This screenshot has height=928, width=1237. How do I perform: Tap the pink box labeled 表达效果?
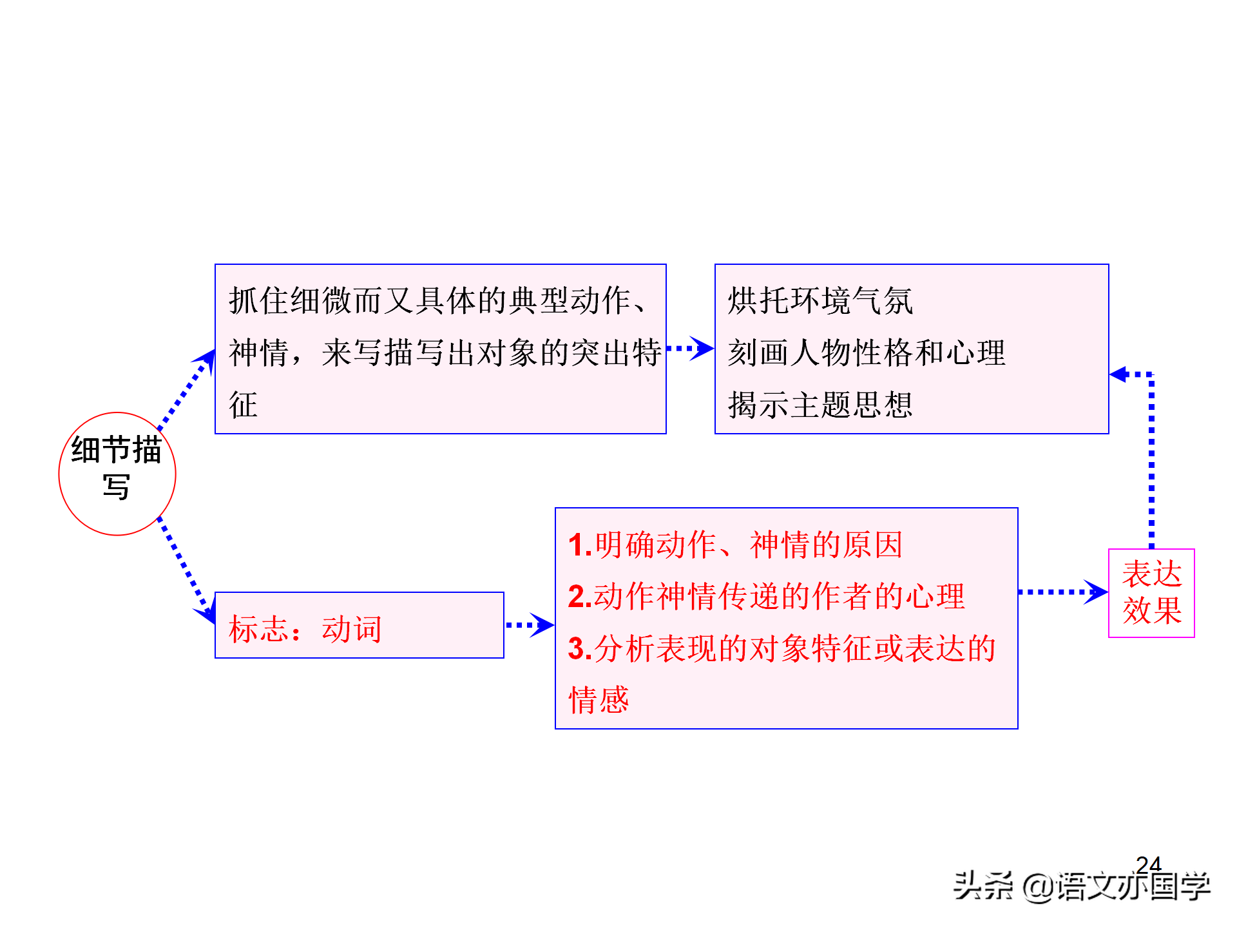(1151, 593)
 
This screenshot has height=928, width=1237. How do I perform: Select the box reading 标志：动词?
(360, 625)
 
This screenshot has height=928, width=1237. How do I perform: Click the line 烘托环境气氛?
(820, 301)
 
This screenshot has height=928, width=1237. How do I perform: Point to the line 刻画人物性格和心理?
(867, 353)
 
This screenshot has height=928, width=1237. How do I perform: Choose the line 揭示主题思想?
(820, 405)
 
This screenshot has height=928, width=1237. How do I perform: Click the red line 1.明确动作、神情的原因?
(735, 545)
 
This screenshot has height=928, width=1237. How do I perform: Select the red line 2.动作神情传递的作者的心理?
(766, 597)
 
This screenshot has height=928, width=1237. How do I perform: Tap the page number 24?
(1149, 864)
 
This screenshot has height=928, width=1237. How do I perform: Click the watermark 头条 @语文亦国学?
(1082, 886)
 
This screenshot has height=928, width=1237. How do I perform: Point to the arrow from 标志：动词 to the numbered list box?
(530, 624)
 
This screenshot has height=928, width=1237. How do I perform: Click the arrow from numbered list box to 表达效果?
(1063, 592)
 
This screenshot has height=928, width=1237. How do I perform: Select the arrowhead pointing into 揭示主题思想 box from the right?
(1118, 374)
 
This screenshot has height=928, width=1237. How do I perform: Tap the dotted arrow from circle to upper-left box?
(187, 390)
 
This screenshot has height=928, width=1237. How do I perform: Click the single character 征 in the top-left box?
(244, 405)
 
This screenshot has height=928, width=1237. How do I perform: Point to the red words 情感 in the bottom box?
(599, 700)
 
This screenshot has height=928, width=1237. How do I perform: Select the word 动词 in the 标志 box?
(352, 629)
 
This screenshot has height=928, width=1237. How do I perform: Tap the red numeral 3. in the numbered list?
(580, 648)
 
